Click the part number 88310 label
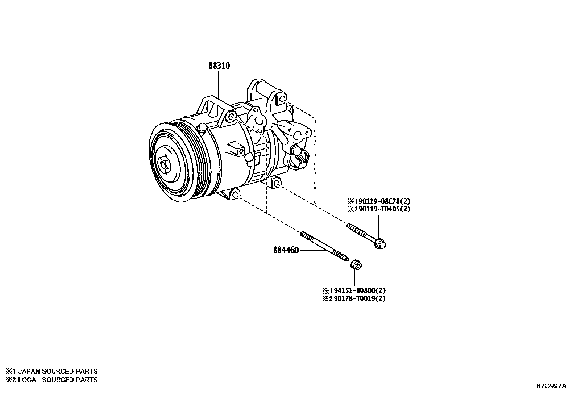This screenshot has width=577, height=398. tap(219, 66)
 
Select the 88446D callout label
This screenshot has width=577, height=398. tap(286, 250)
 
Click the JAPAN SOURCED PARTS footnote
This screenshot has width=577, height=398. tap(51, 371)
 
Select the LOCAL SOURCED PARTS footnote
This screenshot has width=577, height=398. tap(51, 380)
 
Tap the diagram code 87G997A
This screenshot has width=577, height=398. tap(551, 386)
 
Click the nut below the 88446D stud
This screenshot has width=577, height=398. tap(356, 265)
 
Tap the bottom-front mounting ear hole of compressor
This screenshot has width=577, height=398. tap(235, 194)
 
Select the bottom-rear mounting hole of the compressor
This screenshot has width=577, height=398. tap(277, 184)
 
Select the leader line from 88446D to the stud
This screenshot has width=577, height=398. tap(312, 250)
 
